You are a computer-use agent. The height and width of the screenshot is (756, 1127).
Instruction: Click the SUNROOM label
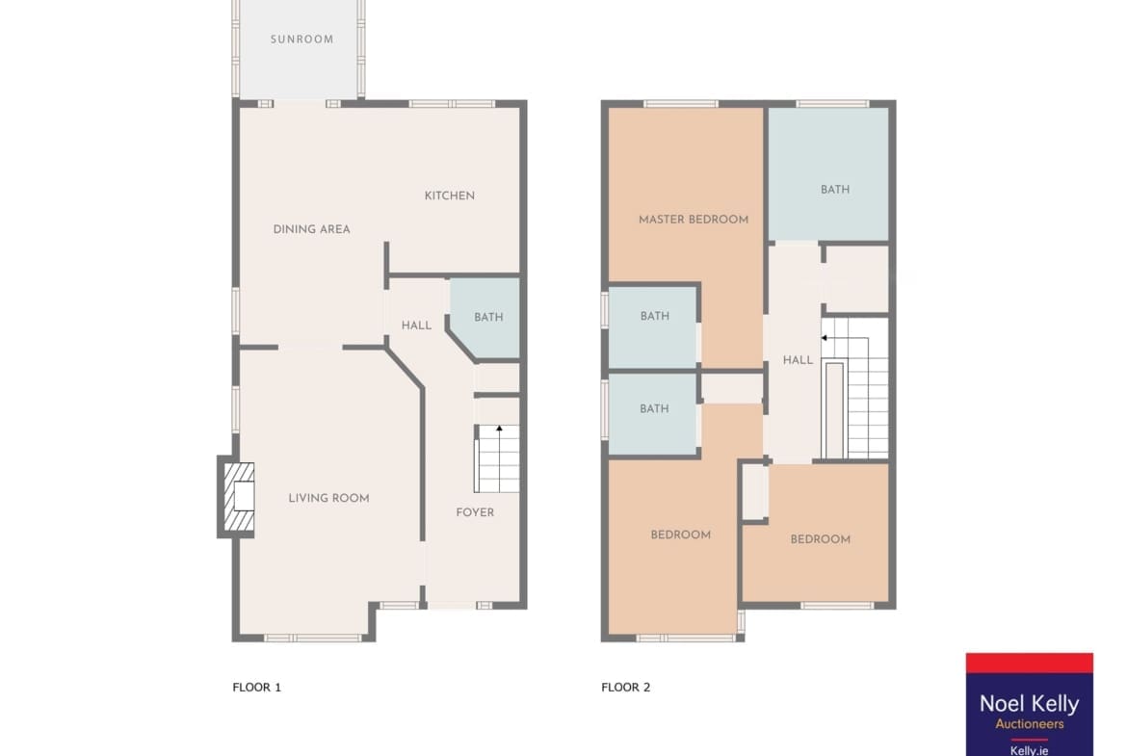[x=301, y=39]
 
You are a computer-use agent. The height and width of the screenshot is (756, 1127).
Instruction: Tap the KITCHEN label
[x=449, y=196]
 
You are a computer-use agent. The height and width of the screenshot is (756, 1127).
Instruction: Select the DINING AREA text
[x=311, y=229]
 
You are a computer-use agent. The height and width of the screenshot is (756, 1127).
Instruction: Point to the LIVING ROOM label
[x=328, y=498]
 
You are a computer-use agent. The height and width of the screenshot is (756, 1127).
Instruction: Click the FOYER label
[x=475, y=512]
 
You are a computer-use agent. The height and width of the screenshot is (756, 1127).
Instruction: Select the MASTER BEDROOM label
[x=694, y=220]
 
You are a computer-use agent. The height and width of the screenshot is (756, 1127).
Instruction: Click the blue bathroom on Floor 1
[x=486, y=317]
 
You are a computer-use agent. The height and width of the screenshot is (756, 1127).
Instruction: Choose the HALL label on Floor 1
[x=416, y=326]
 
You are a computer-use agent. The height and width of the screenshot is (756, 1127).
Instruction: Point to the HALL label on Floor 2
[x=798, y=360]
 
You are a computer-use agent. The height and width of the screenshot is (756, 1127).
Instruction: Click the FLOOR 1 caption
[x=256, y=687]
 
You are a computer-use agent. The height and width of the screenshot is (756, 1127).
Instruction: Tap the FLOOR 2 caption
[x=625, y=687]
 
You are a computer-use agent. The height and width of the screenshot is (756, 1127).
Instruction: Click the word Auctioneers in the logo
[x=1030, y=723]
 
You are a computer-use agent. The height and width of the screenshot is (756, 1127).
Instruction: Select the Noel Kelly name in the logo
[x=1030, y=704]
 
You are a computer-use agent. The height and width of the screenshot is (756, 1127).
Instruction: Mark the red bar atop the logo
[x=1030, y=664]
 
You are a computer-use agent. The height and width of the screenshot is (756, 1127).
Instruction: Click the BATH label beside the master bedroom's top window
[x=835, y=190]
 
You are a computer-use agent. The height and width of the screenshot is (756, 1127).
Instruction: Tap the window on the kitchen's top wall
[x=452, y=103]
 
